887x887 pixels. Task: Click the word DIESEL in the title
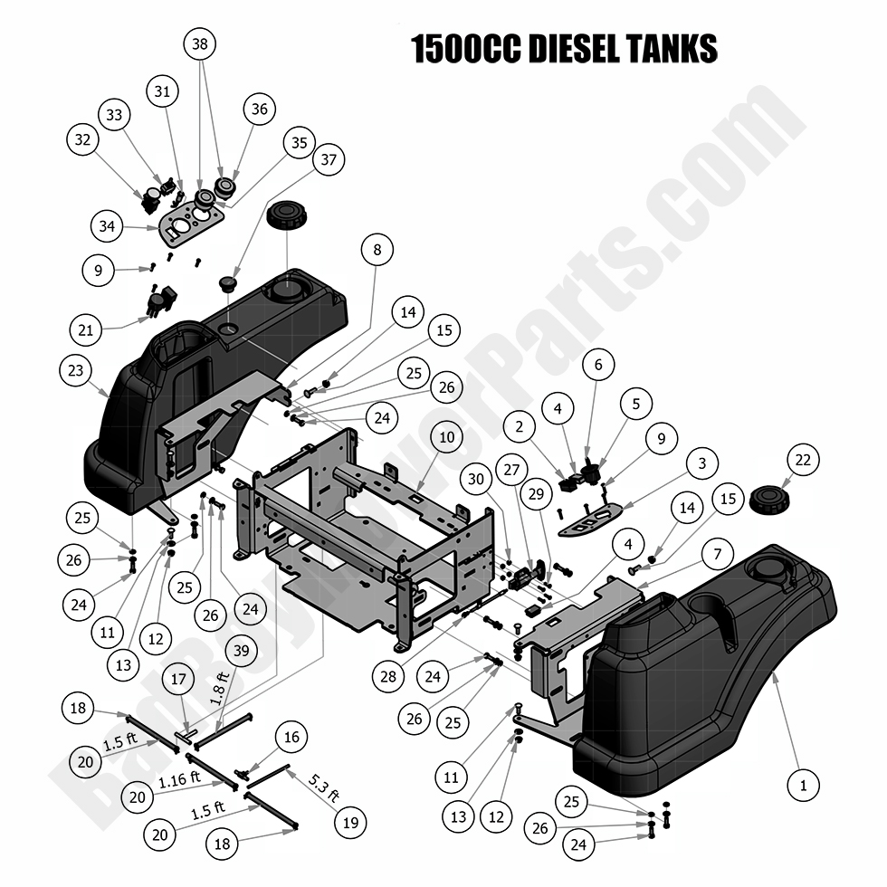coord(577,49)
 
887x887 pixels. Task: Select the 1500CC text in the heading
coord(467,49)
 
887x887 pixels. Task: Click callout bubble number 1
coord(803,785)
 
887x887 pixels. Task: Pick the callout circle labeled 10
coord(447,438)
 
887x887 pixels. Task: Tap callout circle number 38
coord(201,43)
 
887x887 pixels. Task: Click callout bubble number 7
coord(716,552)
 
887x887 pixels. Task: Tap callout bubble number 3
coord(698,463)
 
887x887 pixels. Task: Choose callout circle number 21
coord(85,330)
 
